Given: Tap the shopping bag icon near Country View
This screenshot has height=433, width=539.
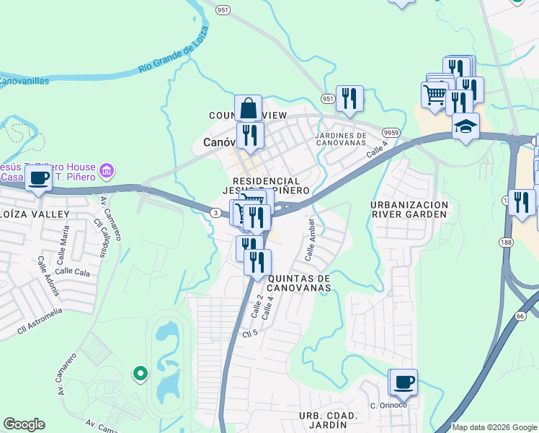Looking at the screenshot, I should pos(248,108).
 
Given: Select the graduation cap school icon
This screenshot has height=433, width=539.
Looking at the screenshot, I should pos(465,126).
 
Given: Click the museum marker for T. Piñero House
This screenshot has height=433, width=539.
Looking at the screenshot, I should pos(107,170).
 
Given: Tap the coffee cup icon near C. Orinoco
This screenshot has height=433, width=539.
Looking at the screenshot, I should pos(402,382).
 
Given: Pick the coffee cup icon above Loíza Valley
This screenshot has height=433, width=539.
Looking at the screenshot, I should pos(39,178).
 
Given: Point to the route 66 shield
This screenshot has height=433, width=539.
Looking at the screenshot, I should pos(521,315).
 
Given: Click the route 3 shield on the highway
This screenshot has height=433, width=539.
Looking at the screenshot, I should pos(215,212).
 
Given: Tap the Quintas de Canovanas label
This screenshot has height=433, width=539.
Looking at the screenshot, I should pos(299,282).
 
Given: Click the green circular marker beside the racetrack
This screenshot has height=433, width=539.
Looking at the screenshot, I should pos(140,373).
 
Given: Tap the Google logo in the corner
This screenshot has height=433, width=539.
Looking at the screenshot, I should pos(24,424).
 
